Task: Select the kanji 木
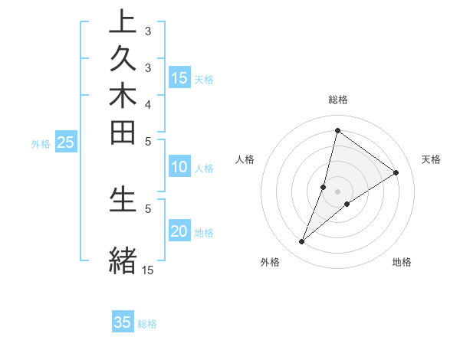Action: [123, 98]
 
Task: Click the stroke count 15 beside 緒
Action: [147, 270]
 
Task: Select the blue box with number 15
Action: [179, 78]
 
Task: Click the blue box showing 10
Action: [179, 168]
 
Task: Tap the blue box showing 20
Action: [179, 232]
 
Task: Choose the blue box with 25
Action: [66, 142]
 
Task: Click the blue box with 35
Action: [123, 322]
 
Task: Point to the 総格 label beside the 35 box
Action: [147, 324]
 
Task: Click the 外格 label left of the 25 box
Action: [41, 143]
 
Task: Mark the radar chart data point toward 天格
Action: [396, 172]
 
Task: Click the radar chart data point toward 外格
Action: [302, 242]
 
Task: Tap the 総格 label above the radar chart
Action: [337, 100]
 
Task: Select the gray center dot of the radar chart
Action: [337, 191]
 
